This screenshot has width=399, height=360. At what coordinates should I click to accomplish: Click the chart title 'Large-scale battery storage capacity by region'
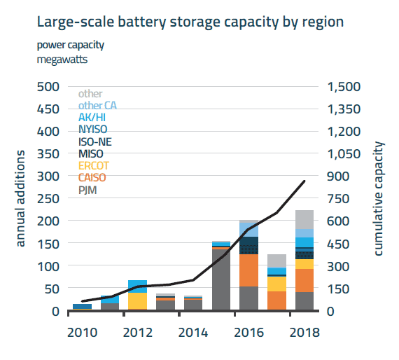click(190, 22)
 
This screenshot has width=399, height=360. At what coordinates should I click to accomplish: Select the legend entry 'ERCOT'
click(93, 166)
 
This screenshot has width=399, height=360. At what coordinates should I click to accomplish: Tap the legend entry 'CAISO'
click(92, 178)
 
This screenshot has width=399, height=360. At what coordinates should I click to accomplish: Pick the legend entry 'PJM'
click(87, 190)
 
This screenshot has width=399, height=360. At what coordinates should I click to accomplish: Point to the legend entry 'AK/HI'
click(93, 118)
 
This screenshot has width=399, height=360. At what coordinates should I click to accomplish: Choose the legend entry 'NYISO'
click(94, 130)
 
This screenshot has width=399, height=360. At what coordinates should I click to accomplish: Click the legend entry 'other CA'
click(98, 105)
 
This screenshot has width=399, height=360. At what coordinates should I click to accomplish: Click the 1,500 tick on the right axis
click(342, 86)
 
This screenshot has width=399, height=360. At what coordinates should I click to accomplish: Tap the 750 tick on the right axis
click(337, 198)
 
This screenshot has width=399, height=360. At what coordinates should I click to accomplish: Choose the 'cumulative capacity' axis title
click(379, 198)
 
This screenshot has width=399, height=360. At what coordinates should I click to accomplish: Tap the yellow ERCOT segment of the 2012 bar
click(137, 301)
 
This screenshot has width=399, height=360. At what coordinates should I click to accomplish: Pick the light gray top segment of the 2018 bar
click(304, 220)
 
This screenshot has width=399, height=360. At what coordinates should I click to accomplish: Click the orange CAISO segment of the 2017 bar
click(276, 300)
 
